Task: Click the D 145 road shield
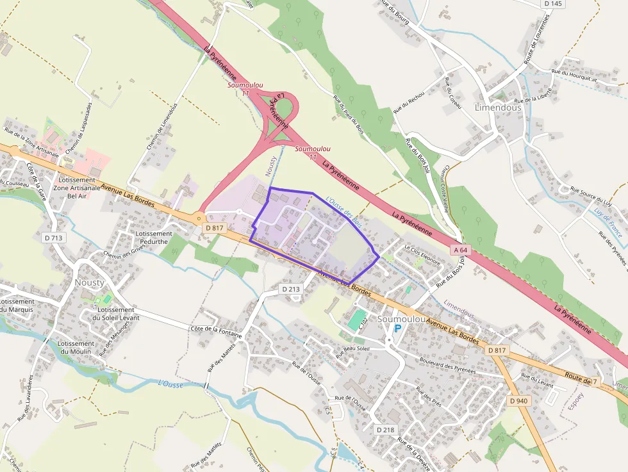pyautogui.click(x=552, y=4)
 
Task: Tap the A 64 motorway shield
pyautogui.click(x=460, y=249)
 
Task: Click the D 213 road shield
pyautogui.click(x=291, y=289)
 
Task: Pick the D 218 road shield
pyautogui.click(x=385, y=430)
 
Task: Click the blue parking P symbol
pyautogui.click(x=397, y=329)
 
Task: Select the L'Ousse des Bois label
pyautogui.click(x=344, y=213)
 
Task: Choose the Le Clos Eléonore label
pyautogui.click(x=422, y=256)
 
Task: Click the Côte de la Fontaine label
pyautogui.click(x=216, y=331)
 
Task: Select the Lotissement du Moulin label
pyautogui.click(x=76, y=348)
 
